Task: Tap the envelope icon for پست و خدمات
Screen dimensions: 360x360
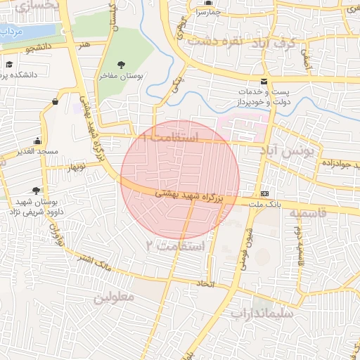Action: pyautogui.click(x=264, y=82)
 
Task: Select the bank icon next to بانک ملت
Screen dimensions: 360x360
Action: pyautogui.click(x=264, y=193)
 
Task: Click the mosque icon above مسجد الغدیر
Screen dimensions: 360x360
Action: pyautogui.click(x=37, y=141)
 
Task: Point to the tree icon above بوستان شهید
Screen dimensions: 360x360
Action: pyautogui.click(x=35, y=190)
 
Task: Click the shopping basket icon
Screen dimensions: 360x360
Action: pyautogui.click(x=55, y=103)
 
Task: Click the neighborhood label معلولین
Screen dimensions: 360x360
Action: pyautogui.click(x=112, y=297)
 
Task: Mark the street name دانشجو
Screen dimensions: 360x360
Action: pyautogui.click(x=39, y=49)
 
